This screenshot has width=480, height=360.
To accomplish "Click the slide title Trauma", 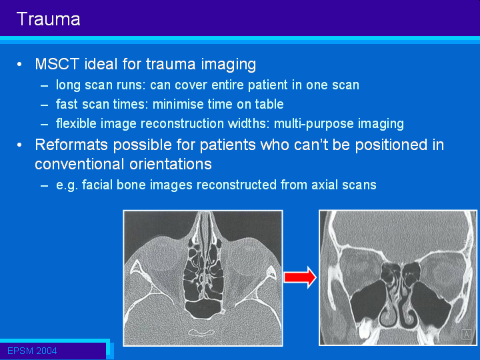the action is (49, 19).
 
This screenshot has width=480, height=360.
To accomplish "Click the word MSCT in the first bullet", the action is (57, 64).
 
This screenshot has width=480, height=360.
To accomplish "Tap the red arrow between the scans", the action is (300, 277).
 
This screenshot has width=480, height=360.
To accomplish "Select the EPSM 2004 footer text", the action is (32, 351).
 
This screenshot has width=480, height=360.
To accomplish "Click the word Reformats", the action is (71, 145).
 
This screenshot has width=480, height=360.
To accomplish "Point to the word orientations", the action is (171, 164).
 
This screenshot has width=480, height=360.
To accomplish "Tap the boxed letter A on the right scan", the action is (466, 334).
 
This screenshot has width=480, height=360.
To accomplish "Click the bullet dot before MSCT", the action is (19, 65).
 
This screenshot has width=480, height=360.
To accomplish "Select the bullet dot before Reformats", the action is (19, 145).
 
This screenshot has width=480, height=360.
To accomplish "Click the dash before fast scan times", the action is (44, 105).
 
